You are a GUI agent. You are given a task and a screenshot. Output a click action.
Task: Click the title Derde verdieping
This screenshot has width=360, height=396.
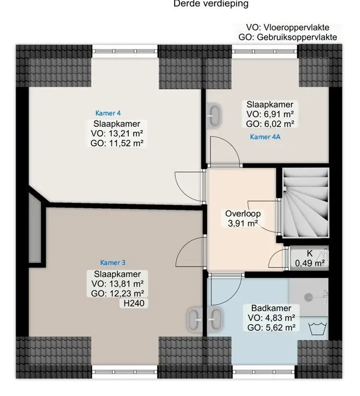click(211, 4)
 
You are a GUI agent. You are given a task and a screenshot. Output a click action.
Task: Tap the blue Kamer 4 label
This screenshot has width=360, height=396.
click(108, 113)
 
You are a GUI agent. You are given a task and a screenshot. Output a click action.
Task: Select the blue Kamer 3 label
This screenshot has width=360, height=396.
click(113, 263)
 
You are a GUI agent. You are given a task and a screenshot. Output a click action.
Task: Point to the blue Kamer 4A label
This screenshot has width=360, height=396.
click(265, 137)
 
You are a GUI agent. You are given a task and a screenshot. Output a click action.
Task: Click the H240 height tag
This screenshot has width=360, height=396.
click(134, 303)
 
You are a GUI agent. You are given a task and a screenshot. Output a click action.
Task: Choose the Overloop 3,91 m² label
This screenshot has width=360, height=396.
click(243, 219)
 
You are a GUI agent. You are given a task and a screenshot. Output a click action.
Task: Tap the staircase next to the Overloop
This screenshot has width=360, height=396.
click(306, 203)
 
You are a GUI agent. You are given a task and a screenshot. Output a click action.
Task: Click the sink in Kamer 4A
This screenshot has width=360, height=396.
click(214, 115)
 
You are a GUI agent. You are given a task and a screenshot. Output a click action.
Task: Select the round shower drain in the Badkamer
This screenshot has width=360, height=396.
click(308, 297)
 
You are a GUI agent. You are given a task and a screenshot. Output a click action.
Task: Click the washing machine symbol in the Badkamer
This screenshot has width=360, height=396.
click(317, 329)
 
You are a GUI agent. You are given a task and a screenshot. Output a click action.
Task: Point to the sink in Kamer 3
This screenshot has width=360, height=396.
click(195, 319)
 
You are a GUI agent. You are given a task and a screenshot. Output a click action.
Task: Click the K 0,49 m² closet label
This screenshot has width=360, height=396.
click(309, 258)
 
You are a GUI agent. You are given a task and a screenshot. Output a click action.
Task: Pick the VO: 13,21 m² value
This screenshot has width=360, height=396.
click(117, 133)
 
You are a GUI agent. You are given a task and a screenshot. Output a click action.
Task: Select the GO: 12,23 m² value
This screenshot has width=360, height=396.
click(117, 293)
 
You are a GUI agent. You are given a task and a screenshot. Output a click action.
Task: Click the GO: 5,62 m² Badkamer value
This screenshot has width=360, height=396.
click(272, 327)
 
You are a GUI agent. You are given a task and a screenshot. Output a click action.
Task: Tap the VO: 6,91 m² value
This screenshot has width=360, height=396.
click(270, 114)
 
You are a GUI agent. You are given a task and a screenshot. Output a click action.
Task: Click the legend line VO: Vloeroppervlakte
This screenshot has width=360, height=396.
click(288, 28)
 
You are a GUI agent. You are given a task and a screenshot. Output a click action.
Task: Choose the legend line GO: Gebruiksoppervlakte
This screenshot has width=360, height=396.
click(288, 37)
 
